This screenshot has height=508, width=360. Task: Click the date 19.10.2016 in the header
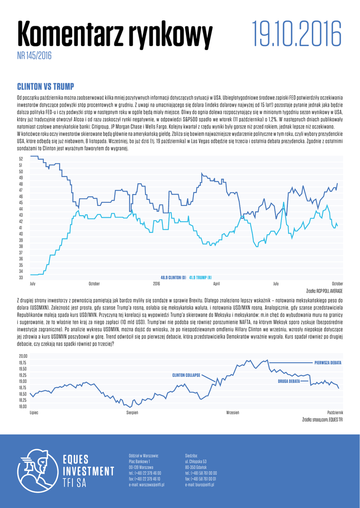coord(296,34)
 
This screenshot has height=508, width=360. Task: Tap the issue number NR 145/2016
coord(34,56)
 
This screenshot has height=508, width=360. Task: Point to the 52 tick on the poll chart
coord(21,159)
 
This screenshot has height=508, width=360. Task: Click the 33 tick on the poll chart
coord(21,277)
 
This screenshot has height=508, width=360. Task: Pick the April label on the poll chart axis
coord(216,284)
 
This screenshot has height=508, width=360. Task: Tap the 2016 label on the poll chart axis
coord(156,284)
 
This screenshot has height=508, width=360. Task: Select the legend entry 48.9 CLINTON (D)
coord(173,277)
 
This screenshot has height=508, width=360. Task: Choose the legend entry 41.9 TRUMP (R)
coord(201,277)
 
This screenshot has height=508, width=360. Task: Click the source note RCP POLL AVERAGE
coord(325,290)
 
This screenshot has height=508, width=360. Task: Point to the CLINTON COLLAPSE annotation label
coord(186,375)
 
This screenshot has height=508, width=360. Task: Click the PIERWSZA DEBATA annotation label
coord(328,363)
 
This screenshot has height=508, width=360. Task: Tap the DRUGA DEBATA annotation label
coord(289,381)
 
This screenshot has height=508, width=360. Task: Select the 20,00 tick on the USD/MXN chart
coord(23,356)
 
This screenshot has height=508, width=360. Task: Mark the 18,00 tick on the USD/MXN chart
coord(23,406)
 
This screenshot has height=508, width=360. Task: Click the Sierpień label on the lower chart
coord(132,413)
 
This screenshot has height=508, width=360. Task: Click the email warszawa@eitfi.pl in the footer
coord(146,485)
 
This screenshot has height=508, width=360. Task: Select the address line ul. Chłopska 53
coord(195,461)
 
